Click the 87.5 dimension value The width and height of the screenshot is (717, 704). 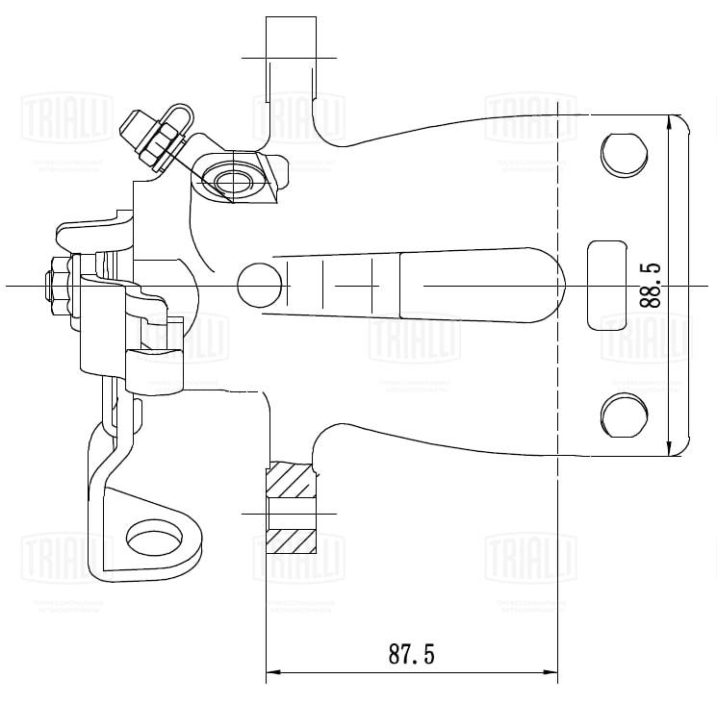[412, 655]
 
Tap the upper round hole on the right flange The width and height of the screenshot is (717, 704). [623, 153]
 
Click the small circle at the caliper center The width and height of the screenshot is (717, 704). [257, 286]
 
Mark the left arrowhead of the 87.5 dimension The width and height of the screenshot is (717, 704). [272, 671]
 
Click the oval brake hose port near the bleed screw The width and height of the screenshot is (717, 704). [231, 180]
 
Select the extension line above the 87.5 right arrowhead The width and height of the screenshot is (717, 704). [557, 577]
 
